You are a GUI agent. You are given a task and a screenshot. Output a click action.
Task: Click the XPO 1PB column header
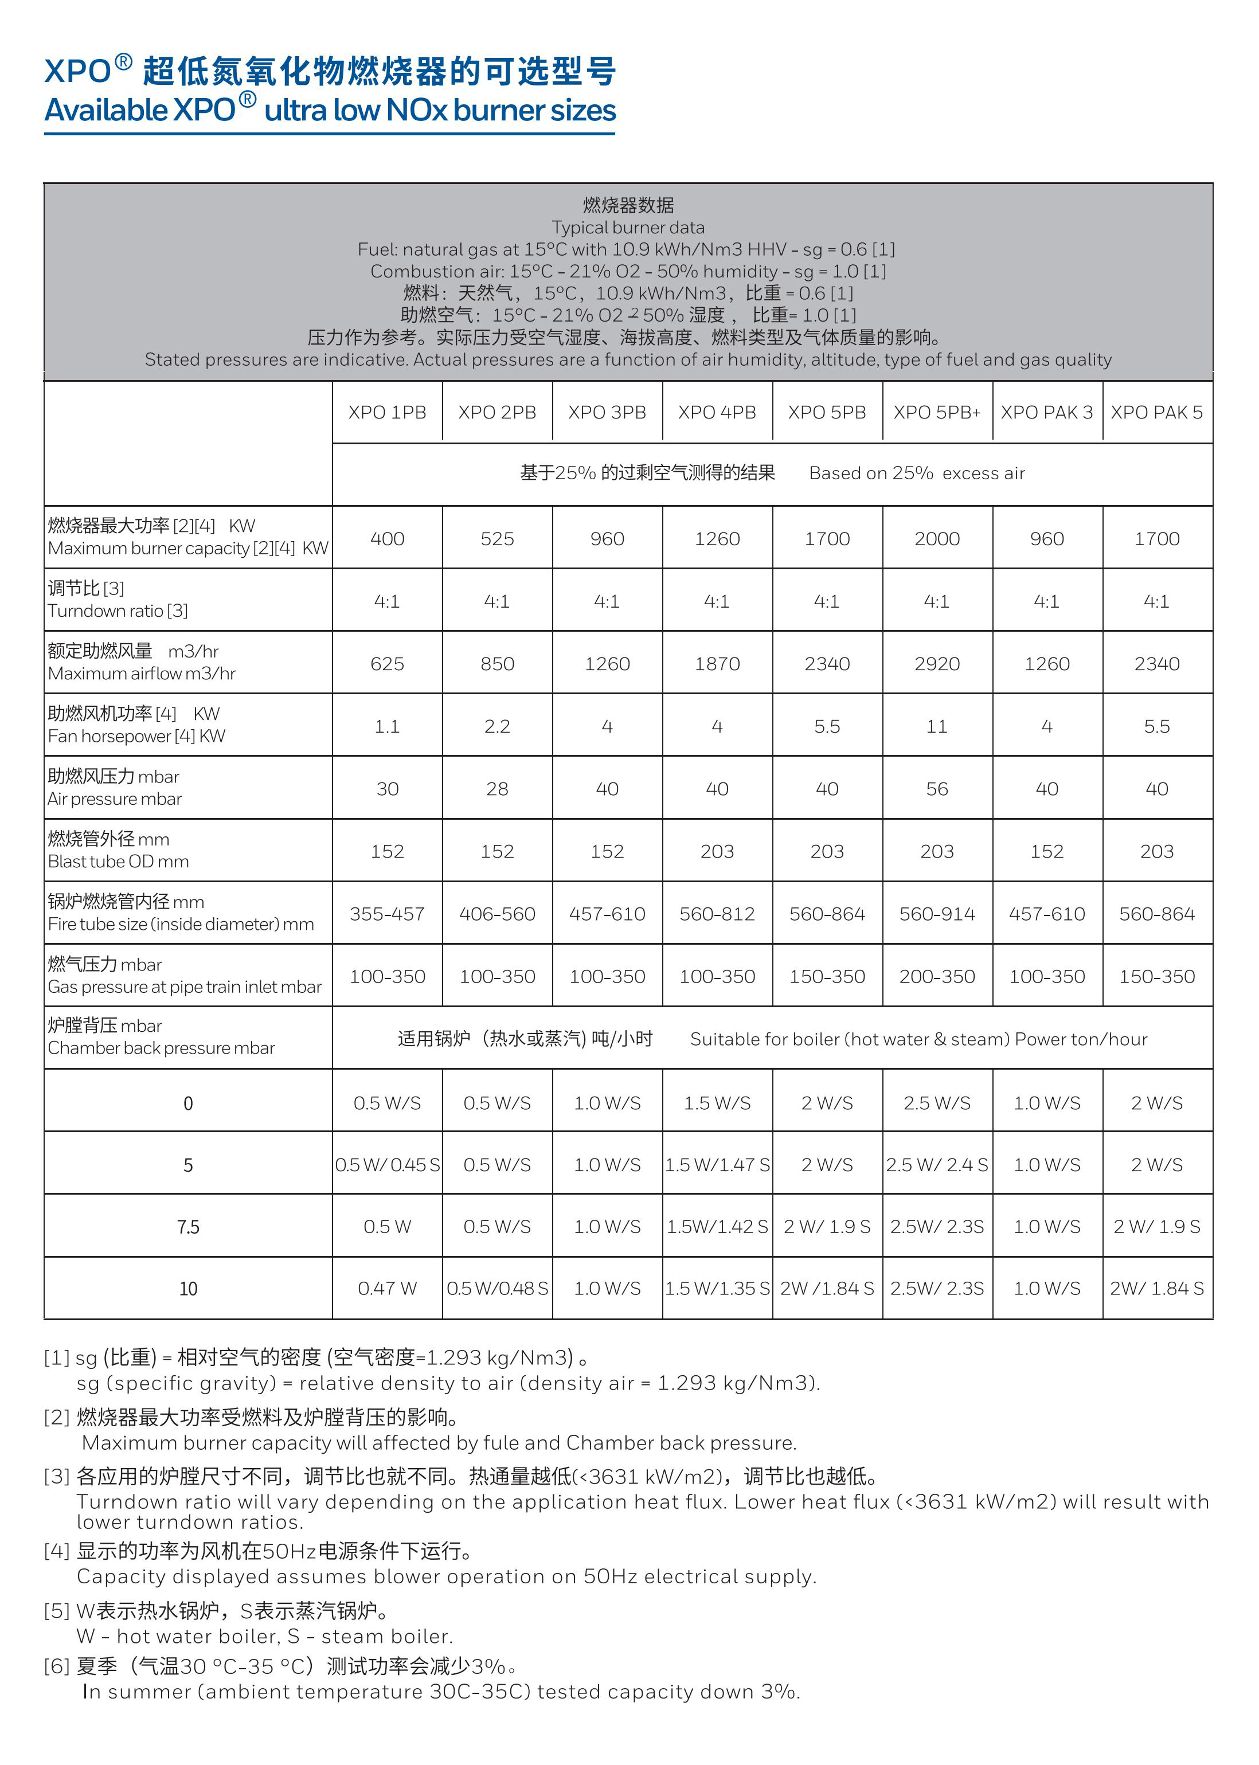[387, 412]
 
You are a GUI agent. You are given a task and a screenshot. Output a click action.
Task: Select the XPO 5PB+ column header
[936, 412]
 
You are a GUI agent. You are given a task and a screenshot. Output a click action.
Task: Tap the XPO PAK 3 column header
[1046, 412]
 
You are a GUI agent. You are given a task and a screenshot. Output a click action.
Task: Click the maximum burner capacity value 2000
[936, 539]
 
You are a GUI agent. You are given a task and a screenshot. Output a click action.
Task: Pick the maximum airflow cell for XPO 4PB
[717, 663]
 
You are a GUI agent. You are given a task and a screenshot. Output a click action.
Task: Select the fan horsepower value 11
[936, 726]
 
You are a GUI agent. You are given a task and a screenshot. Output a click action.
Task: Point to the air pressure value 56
[936, 789]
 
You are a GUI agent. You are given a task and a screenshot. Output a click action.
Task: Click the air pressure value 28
[497, 789]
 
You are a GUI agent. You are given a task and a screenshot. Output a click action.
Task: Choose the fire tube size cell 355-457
[387, 914]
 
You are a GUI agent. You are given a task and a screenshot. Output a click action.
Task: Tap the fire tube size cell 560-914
[936, 914]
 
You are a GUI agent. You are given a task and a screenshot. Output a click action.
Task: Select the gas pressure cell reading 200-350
[936, 977]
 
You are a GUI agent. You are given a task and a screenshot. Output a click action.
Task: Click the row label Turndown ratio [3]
[118, 611]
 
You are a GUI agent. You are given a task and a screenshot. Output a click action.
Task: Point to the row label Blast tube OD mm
[119, 861]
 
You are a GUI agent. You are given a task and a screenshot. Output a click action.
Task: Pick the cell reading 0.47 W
[387, 1288]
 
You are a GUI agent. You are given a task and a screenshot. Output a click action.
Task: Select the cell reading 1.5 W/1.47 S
[717, 1165]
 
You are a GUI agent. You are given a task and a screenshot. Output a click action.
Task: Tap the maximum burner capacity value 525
[497, 539]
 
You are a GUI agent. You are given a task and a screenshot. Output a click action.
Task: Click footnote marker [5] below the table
[57, 1611]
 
